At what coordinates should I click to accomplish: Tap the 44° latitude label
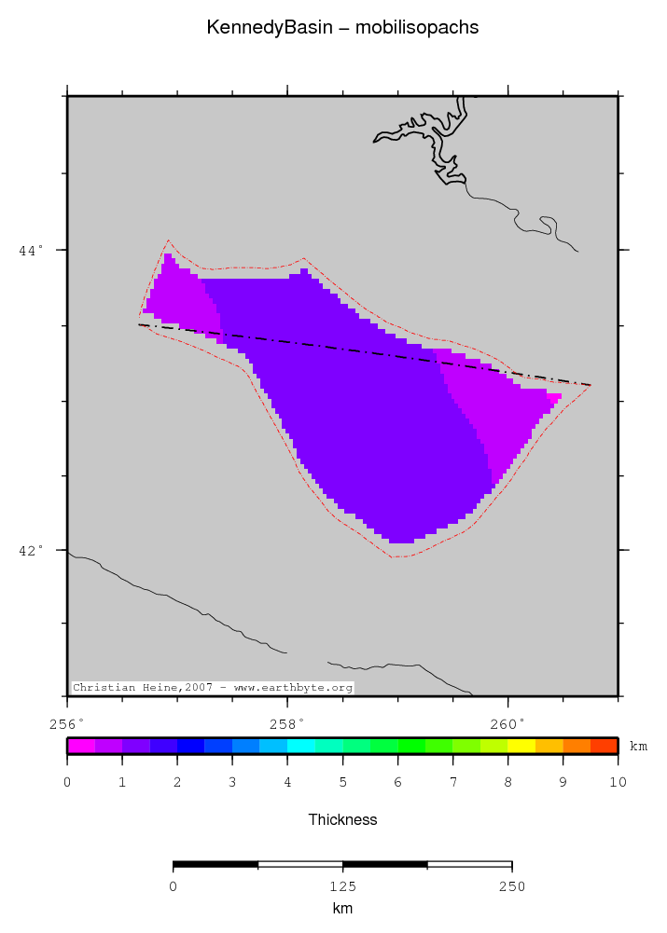[x=33, y=250]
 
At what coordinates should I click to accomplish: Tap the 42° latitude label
[x=33, y=550]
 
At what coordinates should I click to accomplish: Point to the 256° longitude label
[x=66, y=722]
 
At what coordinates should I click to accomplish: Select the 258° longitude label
[x=286, y=722]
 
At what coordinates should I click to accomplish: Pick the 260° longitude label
[x=507, y=722]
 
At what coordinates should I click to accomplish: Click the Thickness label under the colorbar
[x=342, y=820]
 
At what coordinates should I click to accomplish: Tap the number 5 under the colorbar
[x=342, y=781]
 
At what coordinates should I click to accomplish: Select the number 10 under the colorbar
[x=617, y=781]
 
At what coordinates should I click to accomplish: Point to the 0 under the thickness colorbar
[x=67, y=781]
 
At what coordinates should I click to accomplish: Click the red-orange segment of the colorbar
[x=604, y=746]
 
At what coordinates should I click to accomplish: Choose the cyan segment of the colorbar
[x=300, y=746]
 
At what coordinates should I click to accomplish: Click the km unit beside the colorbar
[x=638, y=747]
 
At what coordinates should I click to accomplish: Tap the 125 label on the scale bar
[x=342, y=886]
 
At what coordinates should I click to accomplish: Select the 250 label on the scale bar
[x=511, y=886]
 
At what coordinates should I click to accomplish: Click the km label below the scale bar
[x=342, y=908]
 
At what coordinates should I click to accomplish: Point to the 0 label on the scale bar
[x=174, y=886]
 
